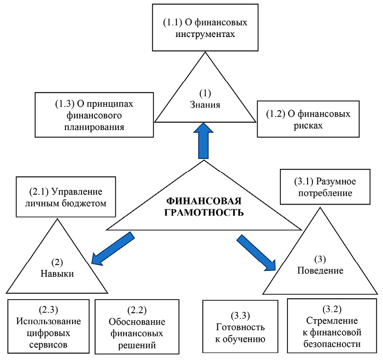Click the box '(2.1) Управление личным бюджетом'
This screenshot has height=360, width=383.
click(x=66, y=197)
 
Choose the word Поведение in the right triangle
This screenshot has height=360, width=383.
click(x=321, y=271)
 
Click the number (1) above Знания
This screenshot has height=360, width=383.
click(x=206, y=94)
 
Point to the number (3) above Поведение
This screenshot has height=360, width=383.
click(x=321, y=260)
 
